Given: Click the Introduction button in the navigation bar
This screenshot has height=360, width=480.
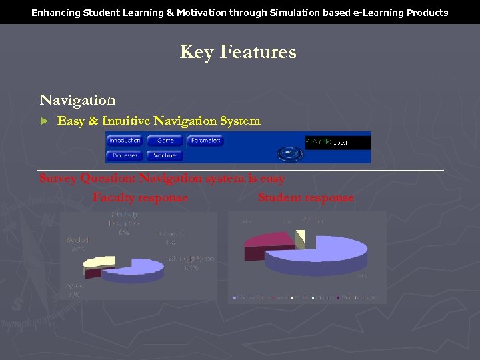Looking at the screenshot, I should point(125,141).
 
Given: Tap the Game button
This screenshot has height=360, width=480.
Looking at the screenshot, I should point(165,141).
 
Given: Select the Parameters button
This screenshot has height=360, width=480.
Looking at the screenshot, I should point(205,141).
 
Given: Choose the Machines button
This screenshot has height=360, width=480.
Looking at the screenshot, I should point(165,155).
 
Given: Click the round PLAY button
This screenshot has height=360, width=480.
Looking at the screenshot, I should point(289,153).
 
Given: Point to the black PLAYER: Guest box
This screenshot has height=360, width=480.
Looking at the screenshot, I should point(337,142).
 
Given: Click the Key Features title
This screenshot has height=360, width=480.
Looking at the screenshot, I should point(238,52).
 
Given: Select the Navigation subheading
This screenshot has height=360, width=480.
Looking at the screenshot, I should point(77,100).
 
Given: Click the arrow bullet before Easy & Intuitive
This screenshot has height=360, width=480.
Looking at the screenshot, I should point(45,121).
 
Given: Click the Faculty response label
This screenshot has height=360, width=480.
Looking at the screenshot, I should point(140,197).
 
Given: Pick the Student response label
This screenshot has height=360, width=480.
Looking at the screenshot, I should point(305,197).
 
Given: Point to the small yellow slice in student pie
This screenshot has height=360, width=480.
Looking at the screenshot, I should point(301,235).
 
